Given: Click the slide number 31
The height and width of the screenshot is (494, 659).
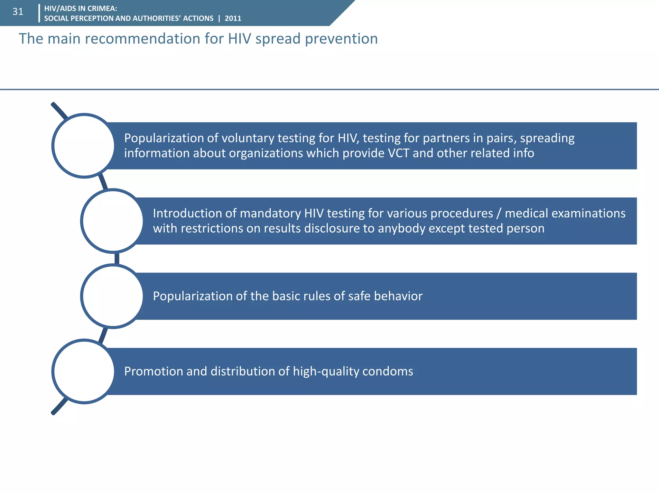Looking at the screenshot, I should click(x=18, y=12).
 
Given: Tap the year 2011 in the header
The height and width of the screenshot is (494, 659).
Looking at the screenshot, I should click(x=233, y=19).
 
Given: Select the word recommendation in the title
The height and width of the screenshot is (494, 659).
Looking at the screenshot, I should click(x=138, y=39).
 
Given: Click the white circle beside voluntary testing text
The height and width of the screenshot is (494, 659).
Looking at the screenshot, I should click(x=84, y=146).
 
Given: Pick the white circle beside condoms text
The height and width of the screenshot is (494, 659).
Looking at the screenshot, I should click(x=84, y=371).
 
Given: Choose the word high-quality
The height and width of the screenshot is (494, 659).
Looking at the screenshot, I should click(x=326, y=371).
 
